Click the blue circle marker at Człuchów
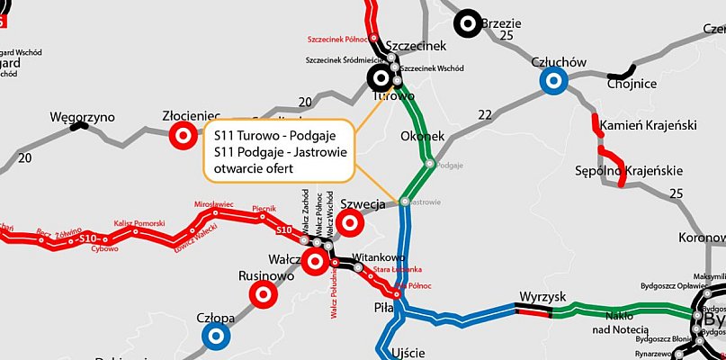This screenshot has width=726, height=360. pos(552,82)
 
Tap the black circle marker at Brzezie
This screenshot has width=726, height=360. pos(467,24)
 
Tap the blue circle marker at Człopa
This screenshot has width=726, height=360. pos(214,336)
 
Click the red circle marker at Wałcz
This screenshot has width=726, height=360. pos(315,263)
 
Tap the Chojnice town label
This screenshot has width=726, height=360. pos(632,84)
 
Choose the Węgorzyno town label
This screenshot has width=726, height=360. pos(83,117)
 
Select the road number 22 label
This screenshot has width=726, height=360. pos(486,114)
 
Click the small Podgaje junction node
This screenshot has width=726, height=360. pos(430,164)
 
